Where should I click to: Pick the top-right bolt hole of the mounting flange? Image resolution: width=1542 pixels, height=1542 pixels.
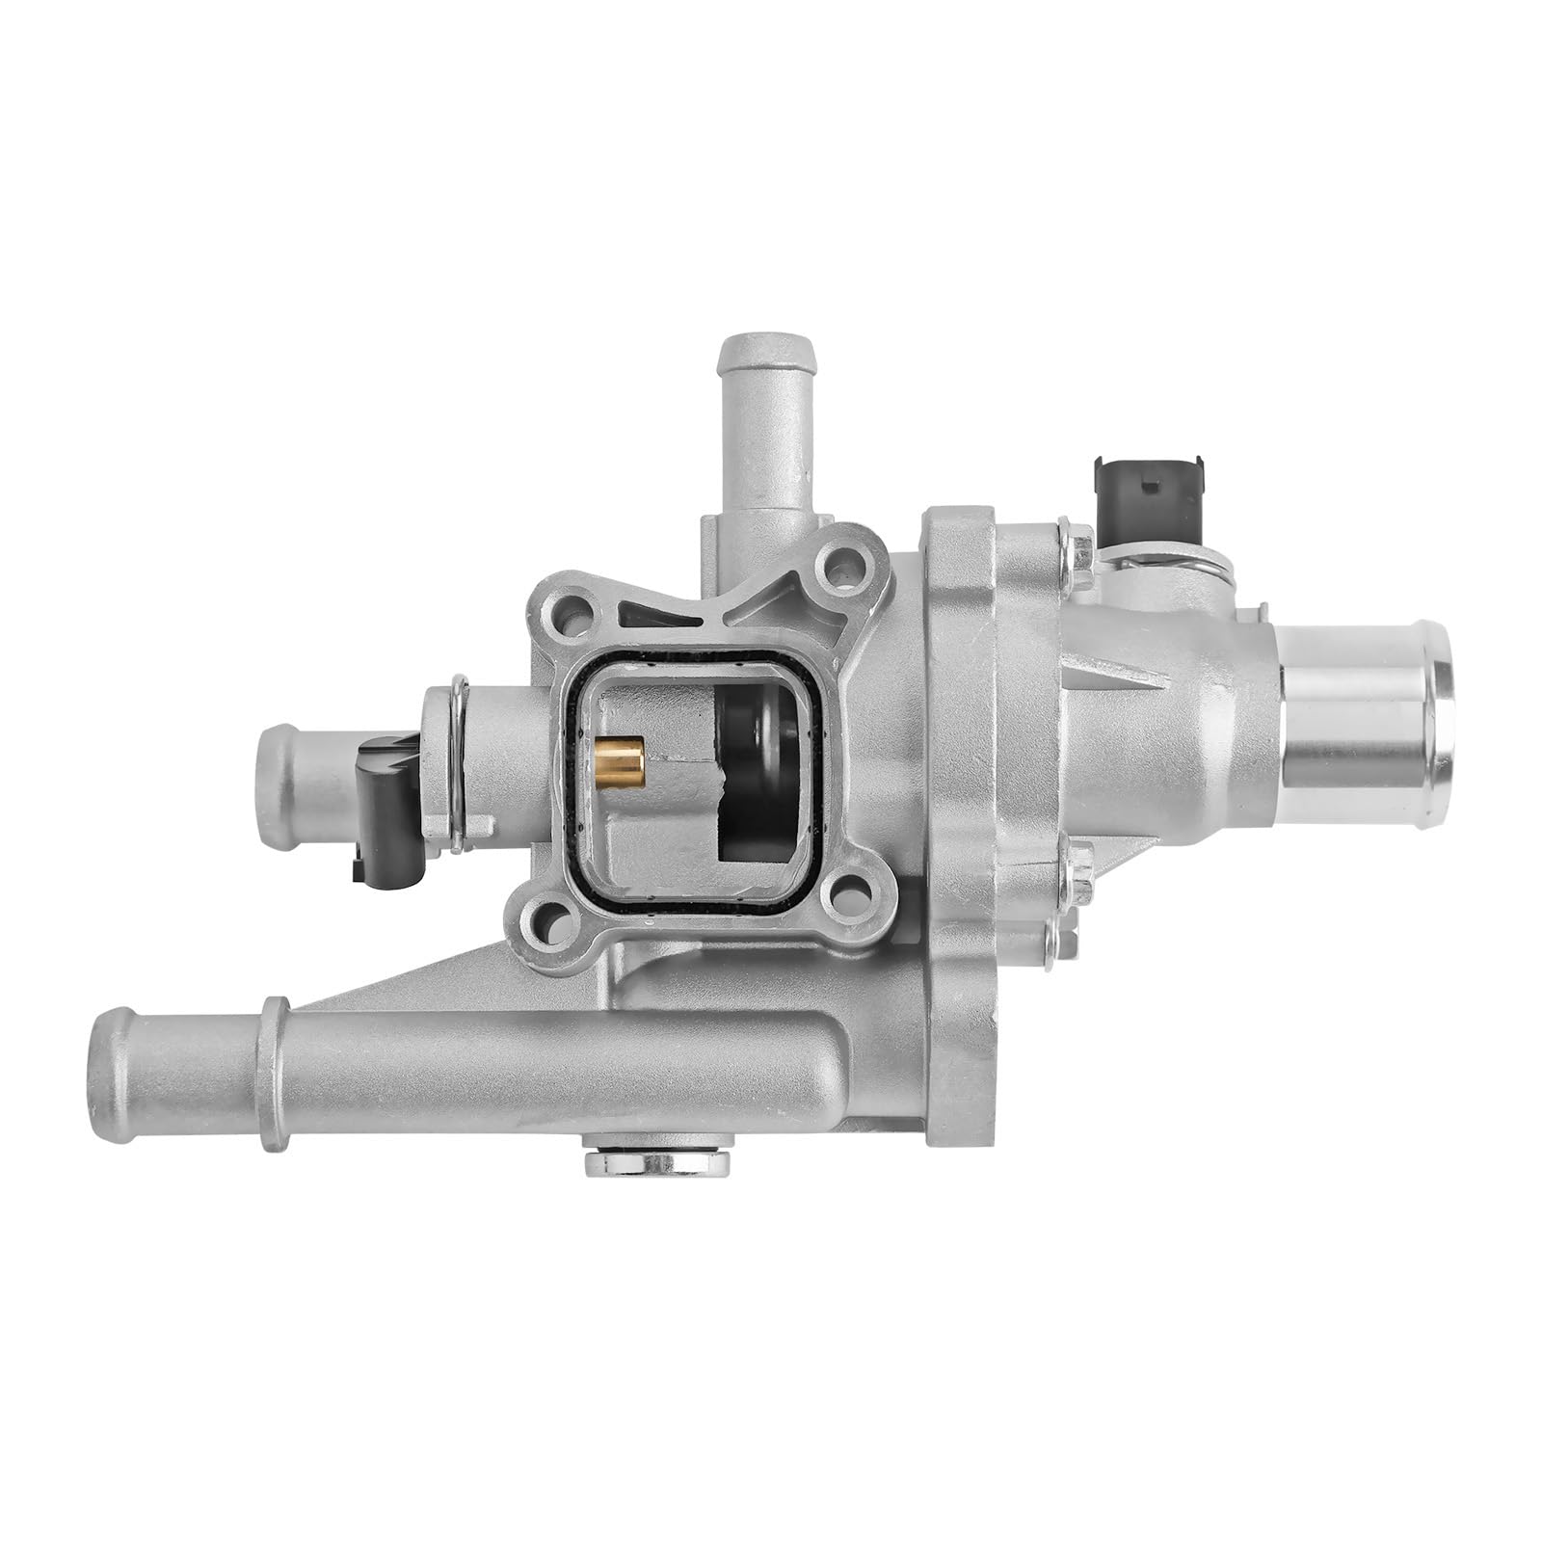[843, 560]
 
